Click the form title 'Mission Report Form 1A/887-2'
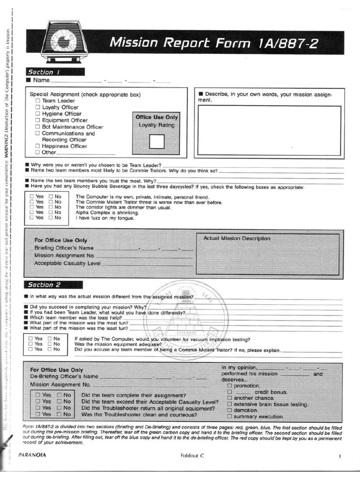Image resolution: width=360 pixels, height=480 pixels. tap(214, 43)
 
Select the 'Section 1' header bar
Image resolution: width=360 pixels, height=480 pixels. tap(55, 72)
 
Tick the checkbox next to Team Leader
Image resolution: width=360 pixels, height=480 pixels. tap(37, 101)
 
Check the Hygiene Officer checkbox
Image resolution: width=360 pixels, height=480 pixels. tap(37, 114)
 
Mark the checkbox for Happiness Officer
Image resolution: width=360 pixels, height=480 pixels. tap(37, 146)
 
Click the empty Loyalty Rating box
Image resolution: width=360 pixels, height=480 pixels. tap(156, 141)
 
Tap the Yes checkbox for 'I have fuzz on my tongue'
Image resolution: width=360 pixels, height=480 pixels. tap(31, 217)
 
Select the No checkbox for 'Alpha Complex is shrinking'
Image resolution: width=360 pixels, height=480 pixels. tap(51, 212)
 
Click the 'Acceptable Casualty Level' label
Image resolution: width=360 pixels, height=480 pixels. tap(67, 263)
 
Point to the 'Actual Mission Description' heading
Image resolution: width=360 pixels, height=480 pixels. tap(237, 239)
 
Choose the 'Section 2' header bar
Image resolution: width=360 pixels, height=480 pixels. tap(53, 285)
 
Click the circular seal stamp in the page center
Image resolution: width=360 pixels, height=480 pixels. tap(187, 319)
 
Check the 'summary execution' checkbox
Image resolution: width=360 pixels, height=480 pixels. tap(230, 416)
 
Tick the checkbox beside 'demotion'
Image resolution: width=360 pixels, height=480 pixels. tap(230, 410)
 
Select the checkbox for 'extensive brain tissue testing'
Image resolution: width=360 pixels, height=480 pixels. tap(230, 404)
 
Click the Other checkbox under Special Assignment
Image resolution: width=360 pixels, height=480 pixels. tap(37, 153)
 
